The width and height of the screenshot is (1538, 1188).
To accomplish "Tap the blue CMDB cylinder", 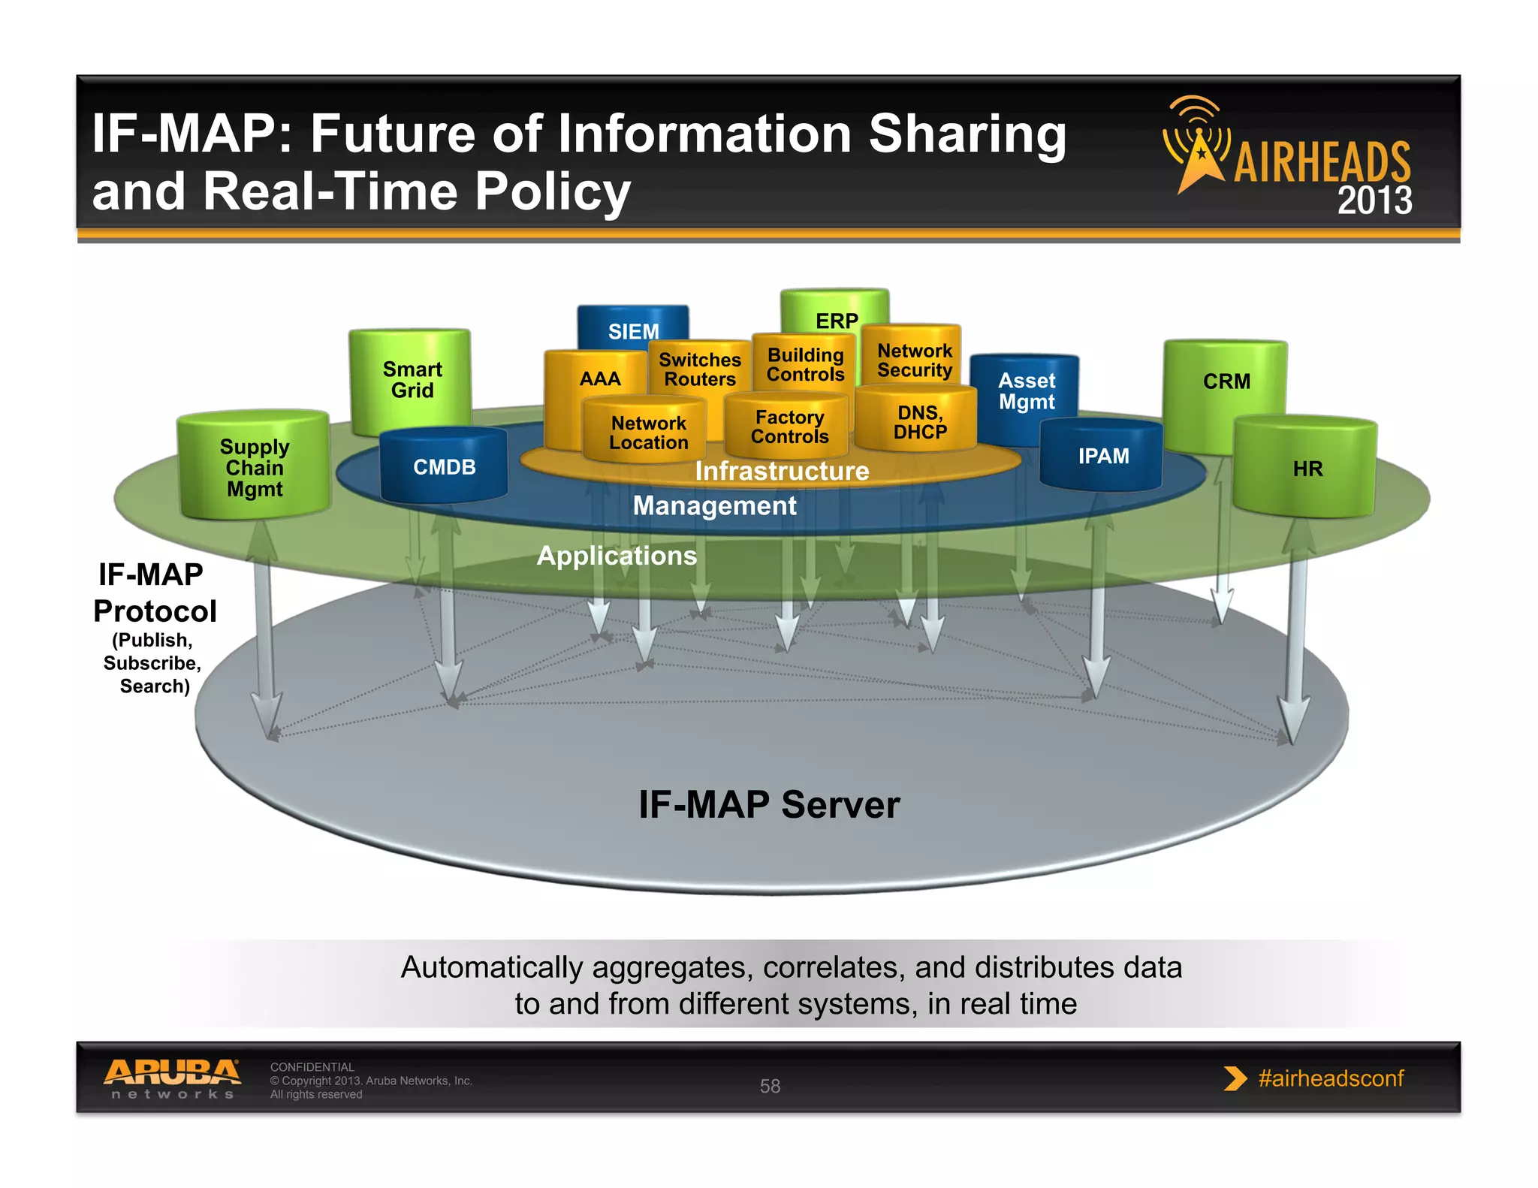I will coord(444,466).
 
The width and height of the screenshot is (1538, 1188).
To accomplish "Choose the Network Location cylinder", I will coord(647,433).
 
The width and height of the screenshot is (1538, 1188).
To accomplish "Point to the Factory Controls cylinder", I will coord(789,427).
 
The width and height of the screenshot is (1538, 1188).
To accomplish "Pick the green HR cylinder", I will coord(1307,469).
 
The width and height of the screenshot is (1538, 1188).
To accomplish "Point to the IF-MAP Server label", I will coord(769,804).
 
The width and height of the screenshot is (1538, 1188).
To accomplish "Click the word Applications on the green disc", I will coord(617,556).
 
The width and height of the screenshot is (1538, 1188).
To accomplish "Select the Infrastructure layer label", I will coord(782,471).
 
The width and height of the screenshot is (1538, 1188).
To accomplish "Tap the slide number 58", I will coord(770,1086).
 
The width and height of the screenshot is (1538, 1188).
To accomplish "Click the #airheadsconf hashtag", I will coord(1330,1078).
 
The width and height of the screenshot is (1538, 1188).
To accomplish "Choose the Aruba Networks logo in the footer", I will coord(172,1078).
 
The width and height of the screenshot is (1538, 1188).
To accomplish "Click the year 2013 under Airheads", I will coord(1374,201).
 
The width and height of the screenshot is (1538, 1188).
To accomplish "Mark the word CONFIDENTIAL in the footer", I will coord(312,1067).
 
